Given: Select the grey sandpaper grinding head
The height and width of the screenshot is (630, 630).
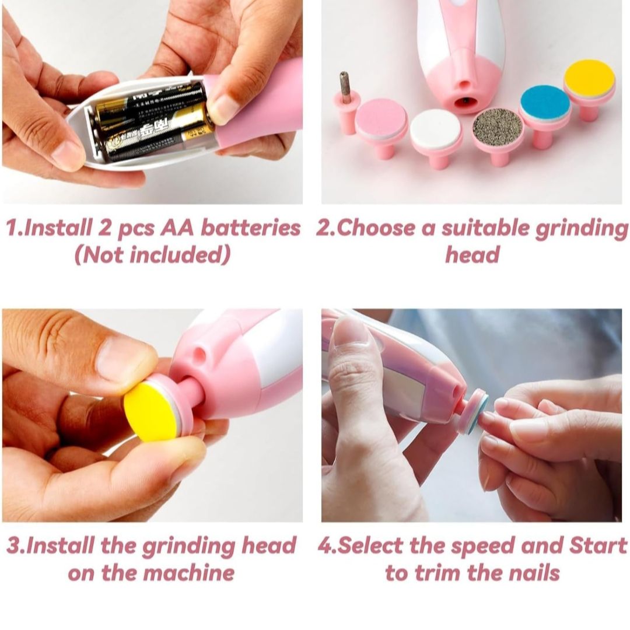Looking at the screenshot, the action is pyautogui.click(x=498, y=128).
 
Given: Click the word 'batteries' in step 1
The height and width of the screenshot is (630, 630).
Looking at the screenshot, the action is pyautogui.click(x=250, y=228).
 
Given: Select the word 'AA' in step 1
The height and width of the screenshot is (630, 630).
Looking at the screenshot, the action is pyautogui.click(x=177, y=228).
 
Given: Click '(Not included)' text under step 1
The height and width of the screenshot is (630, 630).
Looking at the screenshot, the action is pyautogui.click(x=153, y=255).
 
